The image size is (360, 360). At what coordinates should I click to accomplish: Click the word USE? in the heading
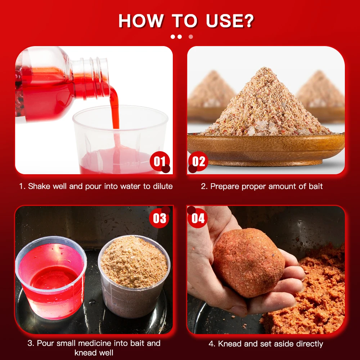tap(230, 21)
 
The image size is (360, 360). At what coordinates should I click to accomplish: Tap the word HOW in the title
tap(141, 21)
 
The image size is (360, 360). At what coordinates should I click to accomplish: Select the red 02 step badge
tap(198, 161)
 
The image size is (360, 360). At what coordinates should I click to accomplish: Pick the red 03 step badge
tap(159, 218)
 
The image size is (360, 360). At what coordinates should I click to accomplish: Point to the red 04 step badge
tap(198, 218)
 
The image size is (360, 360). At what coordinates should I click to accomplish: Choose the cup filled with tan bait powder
tap(134, 275)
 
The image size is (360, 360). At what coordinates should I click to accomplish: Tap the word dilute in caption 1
tap(163, 186)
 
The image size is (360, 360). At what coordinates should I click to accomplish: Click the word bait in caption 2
tap(316, 186)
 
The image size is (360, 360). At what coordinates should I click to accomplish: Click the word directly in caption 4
tap(310, 344)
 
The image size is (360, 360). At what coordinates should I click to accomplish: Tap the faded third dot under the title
tap(191, 37)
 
